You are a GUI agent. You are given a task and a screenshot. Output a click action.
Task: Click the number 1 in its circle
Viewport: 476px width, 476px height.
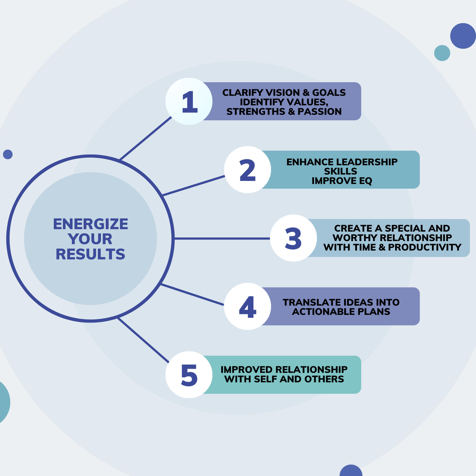[189, 102]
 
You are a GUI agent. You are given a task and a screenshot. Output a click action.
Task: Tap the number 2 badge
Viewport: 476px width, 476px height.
[247, 170]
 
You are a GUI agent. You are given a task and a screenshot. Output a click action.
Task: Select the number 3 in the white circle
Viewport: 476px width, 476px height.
[293, 238]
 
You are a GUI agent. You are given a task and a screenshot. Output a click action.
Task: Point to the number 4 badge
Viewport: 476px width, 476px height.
[247, 307]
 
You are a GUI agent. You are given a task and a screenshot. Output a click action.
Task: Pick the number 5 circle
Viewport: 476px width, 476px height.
[189, 375]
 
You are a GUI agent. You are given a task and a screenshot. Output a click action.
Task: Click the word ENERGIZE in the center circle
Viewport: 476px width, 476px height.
[90, 224]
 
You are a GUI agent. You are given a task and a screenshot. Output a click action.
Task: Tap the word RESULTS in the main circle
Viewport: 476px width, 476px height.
[90, 254]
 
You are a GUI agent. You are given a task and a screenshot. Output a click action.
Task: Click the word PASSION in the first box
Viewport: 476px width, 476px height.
[320, 112]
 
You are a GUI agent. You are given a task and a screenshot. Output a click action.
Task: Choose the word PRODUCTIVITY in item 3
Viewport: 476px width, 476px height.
[425, 247]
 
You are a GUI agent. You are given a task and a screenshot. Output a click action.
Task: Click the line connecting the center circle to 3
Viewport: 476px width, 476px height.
[222, 239]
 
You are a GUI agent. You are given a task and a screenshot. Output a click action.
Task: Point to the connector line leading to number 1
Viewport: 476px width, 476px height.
[145, 138]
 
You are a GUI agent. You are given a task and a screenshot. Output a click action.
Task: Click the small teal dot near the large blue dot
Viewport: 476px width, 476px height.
[442, 53]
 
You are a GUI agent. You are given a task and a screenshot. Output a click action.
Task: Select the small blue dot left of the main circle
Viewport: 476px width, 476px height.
[8, 154]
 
